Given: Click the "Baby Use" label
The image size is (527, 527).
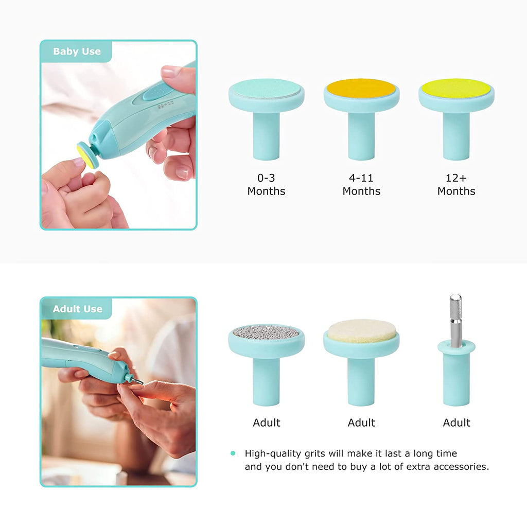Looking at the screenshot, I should click(x=77, y=51).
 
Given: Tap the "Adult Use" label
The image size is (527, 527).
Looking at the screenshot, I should click(x=77, y=309).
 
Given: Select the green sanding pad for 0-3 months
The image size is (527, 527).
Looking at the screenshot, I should click(x=266, y=89).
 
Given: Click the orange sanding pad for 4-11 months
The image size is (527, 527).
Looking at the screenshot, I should click(x=361, y=89).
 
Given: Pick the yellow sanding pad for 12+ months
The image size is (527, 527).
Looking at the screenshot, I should click(x=456, y=88).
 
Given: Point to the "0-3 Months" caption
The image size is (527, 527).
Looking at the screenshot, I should click(x=266, y=184).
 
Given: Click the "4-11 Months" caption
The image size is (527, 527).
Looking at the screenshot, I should click(x=361, y=184).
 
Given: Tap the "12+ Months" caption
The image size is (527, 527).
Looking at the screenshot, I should click(x=456, y=184).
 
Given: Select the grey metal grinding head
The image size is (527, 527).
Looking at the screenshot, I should click(x=266, y=332).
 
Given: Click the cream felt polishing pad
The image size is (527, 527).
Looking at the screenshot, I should click(x=361, y=330).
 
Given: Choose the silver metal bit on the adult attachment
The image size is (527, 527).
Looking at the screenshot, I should click(x=455, y=317).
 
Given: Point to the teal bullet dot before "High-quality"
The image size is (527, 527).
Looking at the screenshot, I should click(x=233, y=453).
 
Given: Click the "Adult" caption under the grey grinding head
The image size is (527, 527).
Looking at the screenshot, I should click(x=266, y=423).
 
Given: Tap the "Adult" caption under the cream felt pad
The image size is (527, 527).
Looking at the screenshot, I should click(x=361, y=423).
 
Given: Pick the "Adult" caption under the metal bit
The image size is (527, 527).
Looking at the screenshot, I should click(x=456, y=423).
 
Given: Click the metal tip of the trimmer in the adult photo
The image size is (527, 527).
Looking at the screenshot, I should click(x=138, y=381).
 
